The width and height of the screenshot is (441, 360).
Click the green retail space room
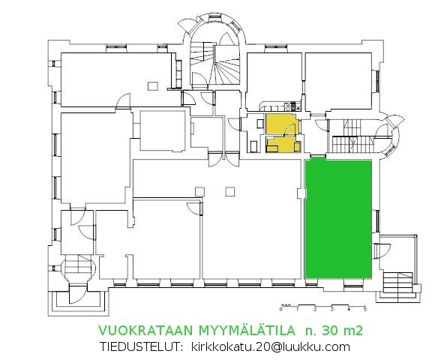coord(339,217)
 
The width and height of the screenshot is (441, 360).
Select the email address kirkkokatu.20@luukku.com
coord(271,346)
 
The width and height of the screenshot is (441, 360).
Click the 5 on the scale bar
coord(365,309)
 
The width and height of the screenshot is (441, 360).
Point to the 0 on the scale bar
coord(281,309)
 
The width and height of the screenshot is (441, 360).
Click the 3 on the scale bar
coord(331,309)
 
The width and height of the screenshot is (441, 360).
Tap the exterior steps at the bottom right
coord(398,283)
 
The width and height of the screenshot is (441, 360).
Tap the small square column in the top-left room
coord(153,83)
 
